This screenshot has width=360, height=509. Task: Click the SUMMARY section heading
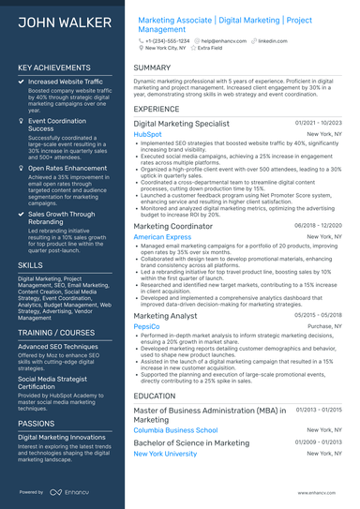pyautogui.click(x=152, y=68)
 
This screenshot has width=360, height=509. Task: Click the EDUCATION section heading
pyautogui.click(x=155, y=397)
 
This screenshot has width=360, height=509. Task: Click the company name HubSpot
pyautogui.click(x=147, y=134)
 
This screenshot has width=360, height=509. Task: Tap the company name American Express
pyautogui.click(x=162, y=237)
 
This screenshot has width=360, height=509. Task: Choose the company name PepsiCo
pyautogui.click(x=147, y=326)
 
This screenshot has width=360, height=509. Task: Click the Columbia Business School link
pyautogui.click(x=175, y=430)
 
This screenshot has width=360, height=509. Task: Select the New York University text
pyautogui.click(x=165, y=454)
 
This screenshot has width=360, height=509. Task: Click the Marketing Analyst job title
pyautogui.click(x=166, y=316)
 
